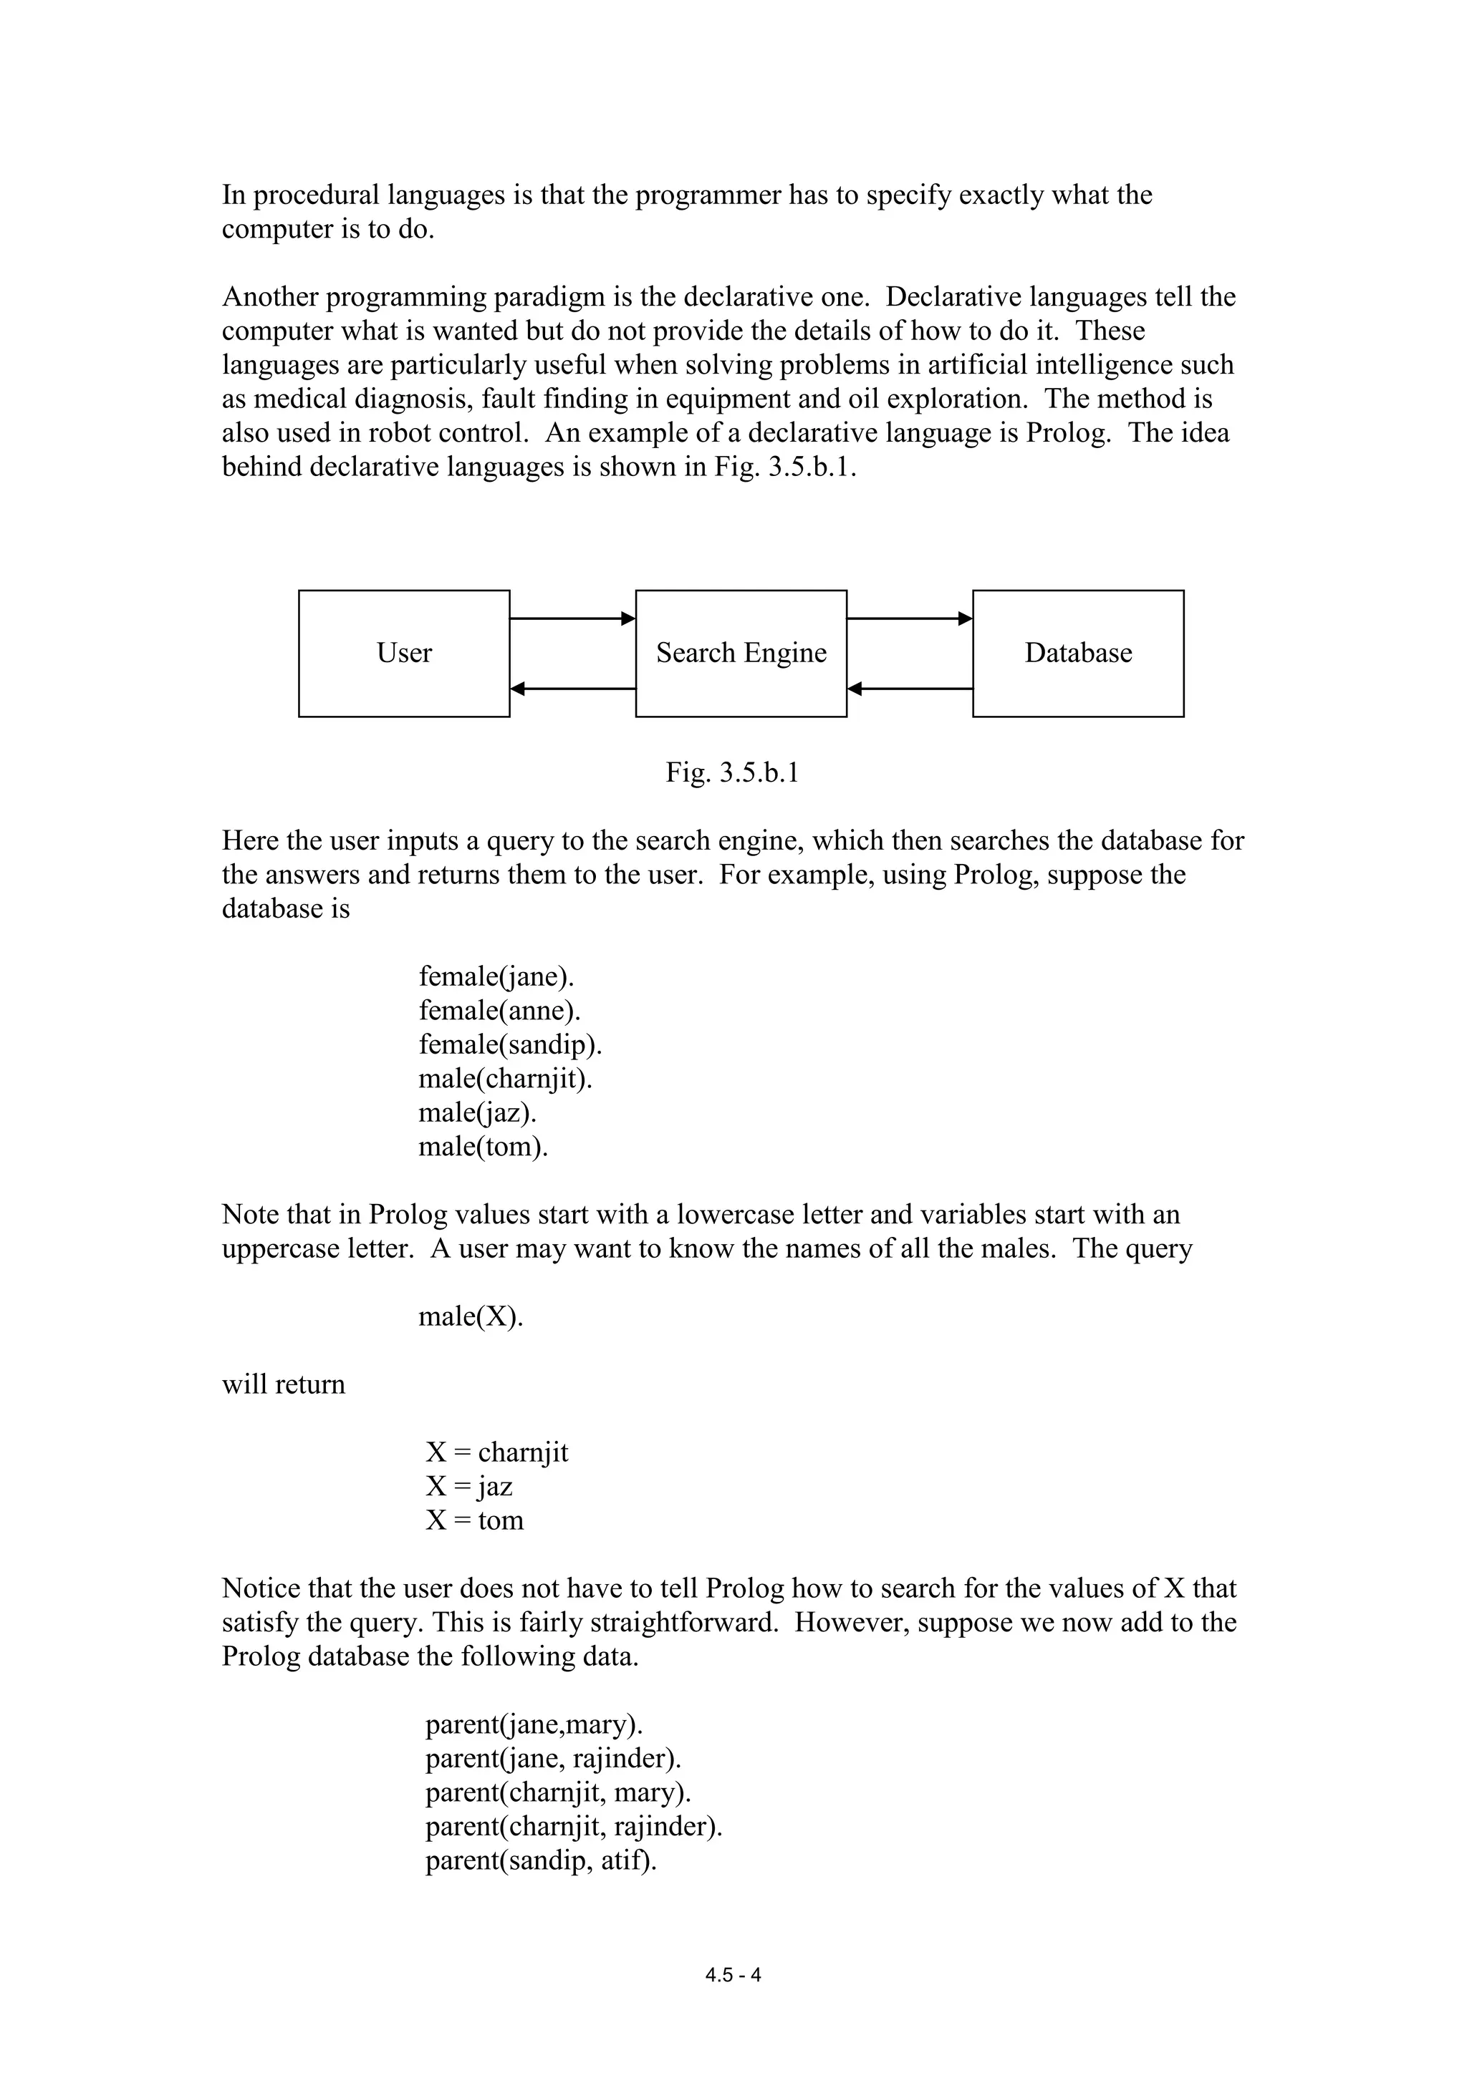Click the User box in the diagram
(x=404, y=653)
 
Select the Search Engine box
(x=741, y=653)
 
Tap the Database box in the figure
(x=1077, y=653)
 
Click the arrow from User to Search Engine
(x=572, y=618)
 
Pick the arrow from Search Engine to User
(x=572, y=689)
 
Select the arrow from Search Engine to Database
(x=909, y=618)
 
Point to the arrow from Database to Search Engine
(x=909, y=689)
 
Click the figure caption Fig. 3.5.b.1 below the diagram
(x=733, y=773)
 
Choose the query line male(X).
(x=471, y=1316)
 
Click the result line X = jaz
(x=469, y=1486)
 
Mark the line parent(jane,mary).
(x=534, y=1724)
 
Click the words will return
(x=284, y=1384)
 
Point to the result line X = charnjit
(x=497, y=1452)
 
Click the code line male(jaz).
(x=477, y=1112)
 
